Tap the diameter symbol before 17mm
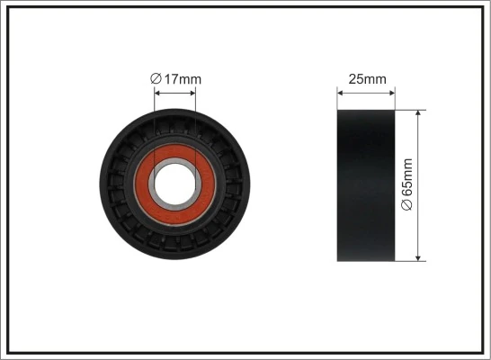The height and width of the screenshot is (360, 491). tap(155, 79)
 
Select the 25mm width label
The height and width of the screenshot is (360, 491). tap(367, 79)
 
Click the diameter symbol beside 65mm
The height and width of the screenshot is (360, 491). tap(407, 204)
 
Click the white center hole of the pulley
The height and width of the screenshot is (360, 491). tap(174, 185)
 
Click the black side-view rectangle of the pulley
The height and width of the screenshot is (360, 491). tap(366, 185)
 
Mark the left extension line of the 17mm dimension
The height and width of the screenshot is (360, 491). tap(155, 126)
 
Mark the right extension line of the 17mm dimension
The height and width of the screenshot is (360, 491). tap(195, 126)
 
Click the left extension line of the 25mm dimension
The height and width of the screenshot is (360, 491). tap(337, 98)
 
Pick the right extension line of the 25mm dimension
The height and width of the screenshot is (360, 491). tap(395, 98)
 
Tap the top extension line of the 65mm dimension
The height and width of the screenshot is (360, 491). tap(410, 110)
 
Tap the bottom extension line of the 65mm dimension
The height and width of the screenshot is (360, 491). tap(410, 262)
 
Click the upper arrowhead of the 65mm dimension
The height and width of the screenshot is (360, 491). tap(420, 114)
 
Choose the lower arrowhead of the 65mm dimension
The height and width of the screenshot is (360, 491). tap(420, 257)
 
